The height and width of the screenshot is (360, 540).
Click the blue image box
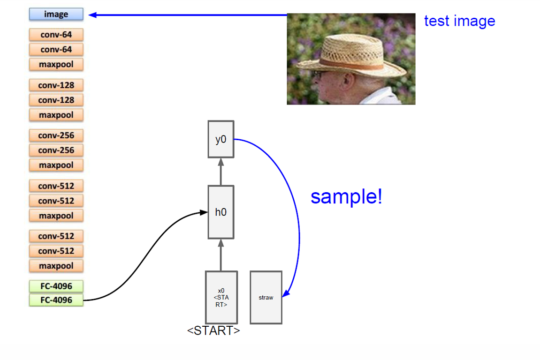pos(56,15)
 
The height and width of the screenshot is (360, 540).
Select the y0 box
pos(221,139)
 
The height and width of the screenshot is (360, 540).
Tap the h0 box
pos(221,212)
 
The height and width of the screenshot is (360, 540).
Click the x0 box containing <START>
pos(221,297)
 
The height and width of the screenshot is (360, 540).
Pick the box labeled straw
pos(266,297)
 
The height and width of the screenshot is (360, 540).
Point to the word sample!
pos(346,197)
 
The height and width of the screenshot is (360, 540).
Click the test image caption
pos(459,21)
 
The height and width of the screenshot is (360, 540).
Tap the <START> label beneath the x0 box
pos(213,330)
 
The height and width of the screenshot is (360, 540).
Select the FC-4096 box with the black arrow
pos(56,300)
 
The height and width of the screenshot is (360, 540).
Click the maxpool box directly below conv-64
pos(56,64)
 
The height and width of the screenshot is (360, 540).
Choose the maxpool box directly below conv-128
pos(56,115)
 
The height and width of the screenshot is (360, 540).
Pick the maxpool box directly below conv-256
pos(56,165)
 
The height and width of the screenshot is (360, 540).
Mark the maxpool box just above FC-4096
pos(56,266)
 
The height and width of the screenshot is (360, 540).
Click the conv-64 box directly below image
pos(56,34)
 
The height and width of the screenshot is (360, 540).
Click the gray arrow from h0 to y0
pos(221,171)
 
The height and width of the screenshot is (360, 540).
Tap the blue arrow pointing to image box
pos(188,15)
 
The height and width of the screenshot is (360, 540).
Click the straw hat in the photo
pos(357,52)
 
